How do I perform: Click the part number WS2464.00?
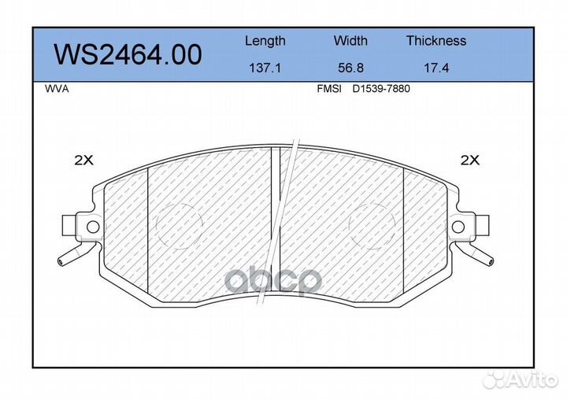click(x=128, y=55)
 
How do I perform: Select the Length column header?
click(x=265, y=41)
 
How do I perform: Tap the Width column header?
click(x=350, y=40)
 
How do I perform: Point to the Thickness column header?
click(x=436, y=40)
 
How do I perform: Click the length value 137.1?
click(x=265, y=68)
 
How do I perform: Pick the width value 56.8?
click(x=350, y=68)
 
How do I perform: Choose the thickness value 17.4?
click(x=436, y=68)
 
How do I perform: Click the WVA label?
click(x=57, y=89)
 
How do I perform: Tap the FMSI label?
click(x=329, y=89)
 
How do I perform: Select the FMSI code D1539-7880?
click(x=381, y=89)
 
